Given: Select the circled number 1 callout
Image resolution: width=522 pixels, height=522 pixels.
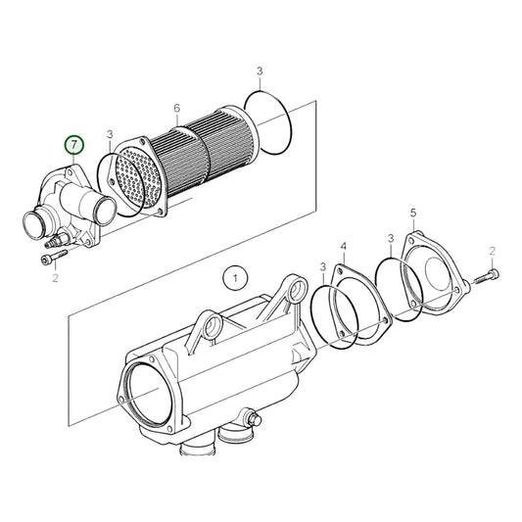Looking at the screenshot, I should pos(232,279).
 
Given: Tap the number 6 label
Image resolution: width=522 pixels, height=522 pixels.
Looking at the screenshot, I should pos(176,108).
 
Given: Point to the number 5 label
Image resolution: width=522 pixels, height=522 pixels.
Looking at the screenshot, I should pos(413,213).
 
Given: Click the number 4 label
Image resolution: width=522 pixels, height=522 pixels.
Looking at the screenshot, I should pos(343,245).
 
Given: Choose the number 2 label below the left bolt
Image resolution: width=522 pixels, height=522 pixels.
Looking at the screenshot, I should pos(56,279).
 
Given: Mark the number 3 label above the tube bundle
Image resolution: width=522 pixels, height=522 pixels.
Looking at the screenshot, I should pos(260,71).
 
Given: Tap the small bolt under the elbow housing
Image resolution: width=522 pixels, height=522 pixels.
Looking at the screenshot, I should pos(53,259).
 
